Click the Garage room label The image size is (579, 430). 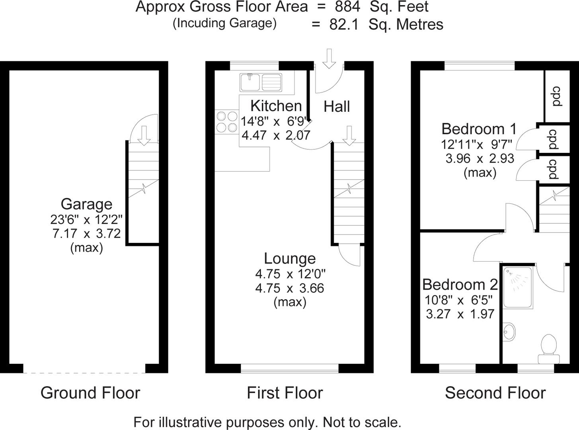(x=86, y=204)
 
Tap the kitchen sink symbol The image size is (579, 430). (x=261, y=82)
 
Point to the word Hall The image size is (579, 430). (x=337, y=107)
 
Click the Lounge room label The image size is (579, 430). (x=290, y=258)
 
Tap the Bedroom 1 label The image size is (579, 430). (x=479, y=129)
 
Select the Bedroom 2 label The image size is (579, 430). (x=460, y=285)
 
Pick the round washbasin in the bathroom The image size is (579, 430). (x=509, y=331)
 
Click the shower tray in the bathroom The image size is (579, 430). (x=518, y=287)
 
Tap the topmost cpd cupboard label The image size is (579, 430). (x=557, y=96)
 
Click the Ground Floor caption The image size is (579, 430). (x=90, y=393)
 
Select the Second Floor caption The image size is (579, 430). (x=495, y=393)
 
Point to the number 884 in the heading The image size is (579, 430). (x=347, y=7)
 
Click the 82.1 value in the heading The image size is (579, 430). (x=344, y=24)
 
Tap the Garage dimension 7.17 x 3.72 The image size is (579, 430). (x=86, y=233)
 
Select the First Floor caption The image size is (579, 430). (x=285, y=393)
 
